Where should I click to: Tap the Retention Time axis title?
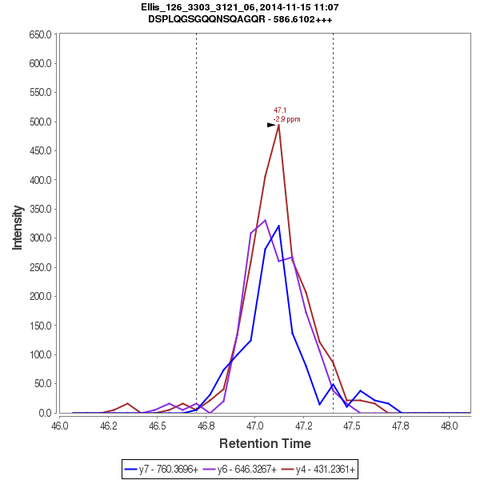point(266,443)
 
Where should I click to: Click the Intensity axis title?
point(17,225)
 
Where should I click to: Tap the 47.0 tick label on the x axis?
point(255,424)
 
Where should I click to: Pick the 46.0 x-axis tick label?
point(60,424)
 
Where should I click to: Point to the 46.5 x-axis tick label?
point(158,424)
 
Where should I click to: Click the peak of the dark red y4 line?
point(278,125)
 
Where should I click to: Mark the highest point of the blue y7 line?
point(278,226)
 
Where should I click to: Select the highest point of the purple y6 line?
point(265,220)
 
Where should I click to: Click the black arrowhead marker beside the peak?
point(271,125)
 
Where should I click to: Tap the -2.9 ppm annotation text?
point(287,119)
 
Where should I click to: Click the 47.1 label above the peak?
point(280,110)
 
